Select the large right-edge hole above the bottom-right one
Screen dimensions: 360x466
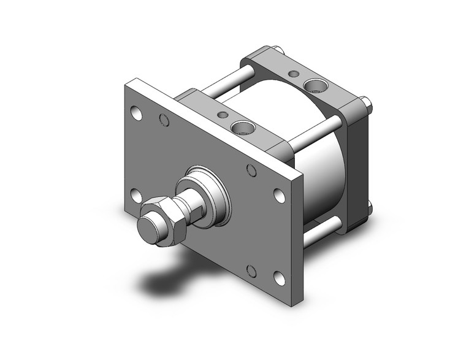coord(279,196)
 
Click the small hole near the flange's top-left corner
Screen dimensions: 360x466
coord(164,120)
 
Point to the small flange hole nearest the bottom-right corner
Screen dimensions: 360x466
coord(251,270)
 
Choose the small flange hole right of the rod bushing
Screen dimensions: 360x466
coord(251,170)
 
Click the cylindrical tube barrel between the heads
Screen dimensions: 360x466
coord(319,166)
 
